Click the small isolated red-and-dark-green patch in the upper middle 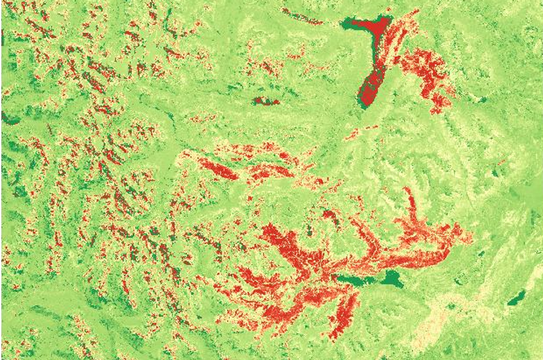(x=264, y=101)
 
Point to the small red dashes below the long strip (x=361, y=131)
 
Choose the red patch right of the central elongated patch (x=270, y=172)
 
